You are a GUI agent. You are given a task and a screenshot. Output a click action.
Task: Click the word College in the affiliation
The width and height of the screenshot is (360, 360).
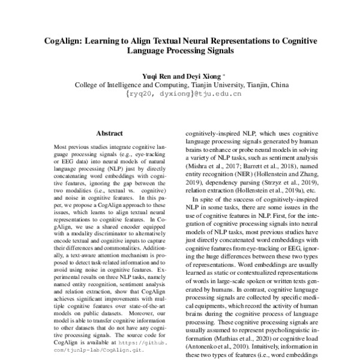click(x=88, y=86)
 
